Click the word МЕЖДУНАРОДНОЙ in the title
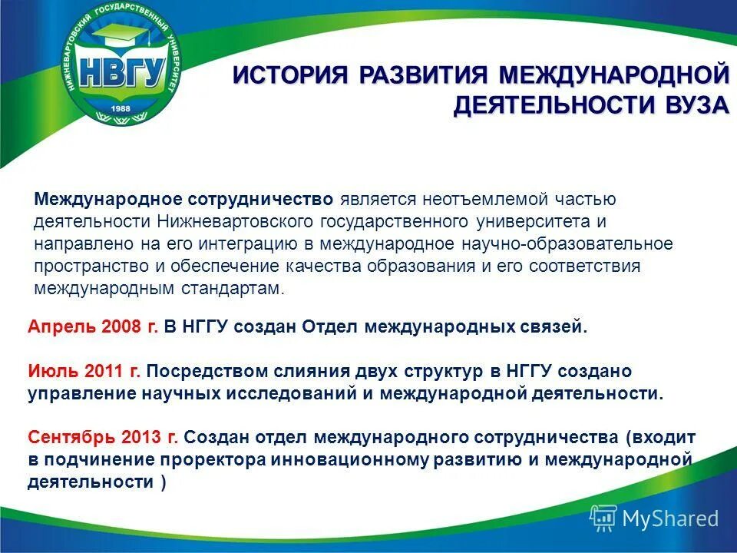pos(613,76)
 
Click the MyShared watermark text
pos(669,518)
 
